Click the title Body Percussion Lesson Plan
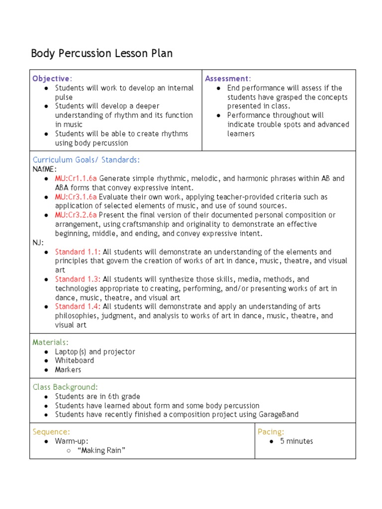click(x=102, y=54)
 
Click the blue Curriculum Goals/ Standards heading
click(x=86, y=160)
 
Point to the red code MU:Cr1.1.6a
click(x=76, y=178)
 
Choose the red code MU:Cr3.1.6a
click(x=76, y=197)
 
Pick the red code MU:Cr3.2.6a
click(x=76, y=215)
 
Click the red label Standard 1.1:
click(x=78, y=252)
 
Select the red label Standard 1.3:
click(x=78, y=279)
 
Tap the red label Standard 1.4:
click(x=78, y=307)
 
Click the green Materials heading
click(x=51, y=342)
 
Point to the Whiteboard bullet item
click(x=74, y=360)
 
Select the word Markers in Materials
click(x=68, y=370)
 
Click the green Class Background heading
click(x=65, y=387)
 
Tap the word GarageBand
click(x=279, y=415)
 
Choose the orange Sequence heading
click(x=51, y=431)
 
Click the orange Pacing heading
click(x=271, y=431)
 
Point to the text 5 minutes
click(x=296, y=441)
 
